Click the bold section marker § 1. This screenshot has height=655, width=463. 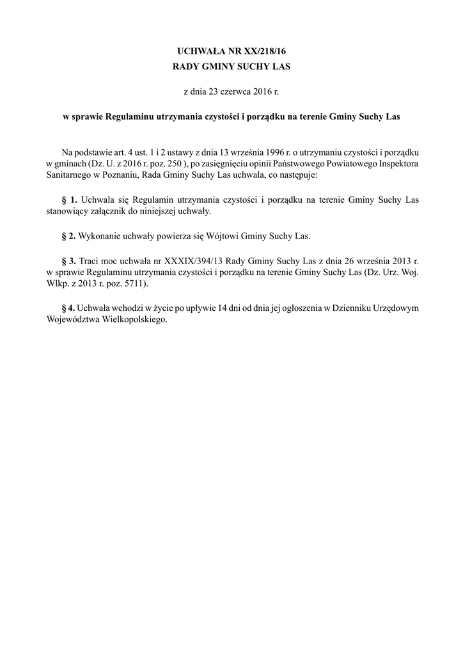pyautogui.click(x=69, y=200)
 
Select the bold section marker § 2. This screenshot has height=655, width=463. pyautogui.click(x=69, y=236)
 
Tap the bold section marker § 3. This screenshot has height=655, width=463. pyautogui.click(x=69, y=261)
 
